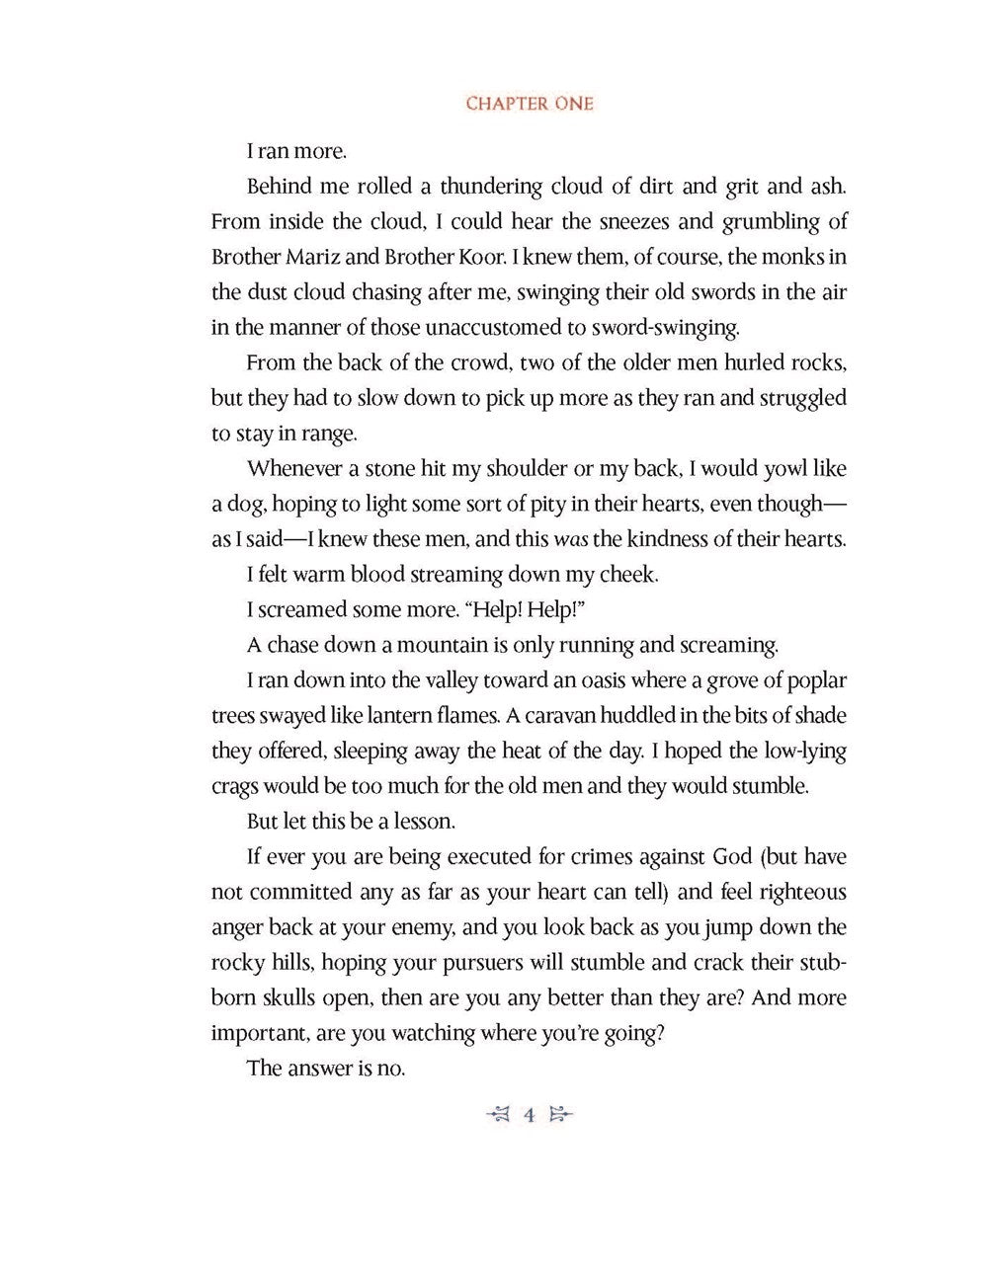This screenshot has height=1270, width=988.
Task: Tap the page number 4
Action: (x=530, y=1116)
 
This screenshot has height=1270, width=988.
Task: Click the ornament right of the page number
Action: (x=560, y=1116)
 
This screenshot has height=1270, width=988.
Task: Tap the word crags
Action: (x=235, y=787)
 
